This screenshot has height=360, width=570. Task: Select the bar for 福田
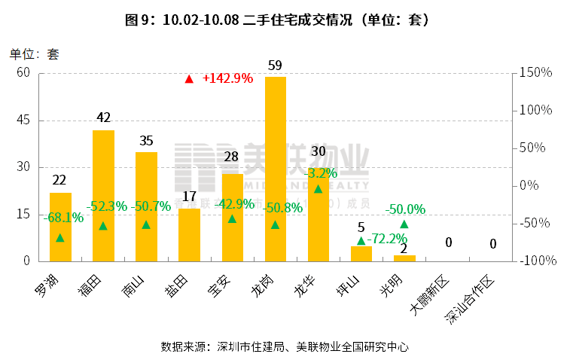click(103, 196)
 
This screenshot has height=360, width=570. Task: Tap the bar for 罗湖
click(60, 227)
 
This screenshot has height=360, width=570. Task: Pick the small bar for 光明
click(404, 258)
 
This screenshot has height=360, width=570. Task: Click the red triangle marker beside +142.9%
click(189, 78)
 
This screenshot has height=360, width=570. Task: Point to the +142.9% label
click(227, 78)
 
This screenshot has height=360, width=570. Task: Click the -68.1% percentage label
click(63, 218)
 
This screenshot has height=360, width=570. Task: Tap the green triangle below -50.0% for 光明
click(404, 224)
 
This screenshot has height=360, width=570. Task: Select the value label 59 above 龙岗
click(275, 66)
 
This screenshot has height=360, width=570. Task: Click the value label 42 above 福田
click(103, 117)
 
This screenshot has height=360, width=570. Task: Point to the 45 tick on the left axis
click(23, 120)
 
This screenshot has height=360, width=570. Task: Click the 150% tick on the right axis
click(536, 73)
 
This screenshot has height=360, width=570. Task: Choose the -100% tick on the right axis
click(538, 261)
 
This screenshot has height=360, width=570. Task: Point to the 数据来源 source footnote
click(284, 346)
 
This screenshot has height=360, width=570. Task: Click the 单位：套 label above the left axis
click(34, 54)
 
